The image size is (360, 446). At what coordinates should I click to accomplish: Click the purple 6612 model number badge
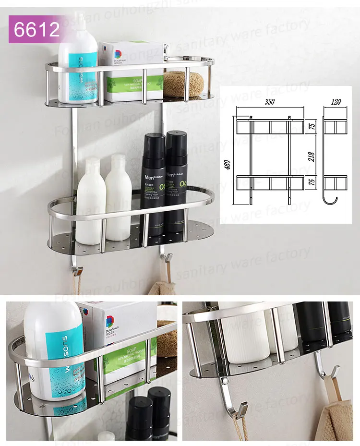pyautogui.click(x=36, y=29)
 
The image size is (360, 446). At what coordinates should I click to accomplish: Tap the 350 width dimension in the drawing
pyautogui.click(x=269, y=103)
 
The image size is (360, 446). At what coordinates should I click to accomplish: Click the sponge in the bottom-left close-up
pyautogui.click(x=167, y=338)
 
